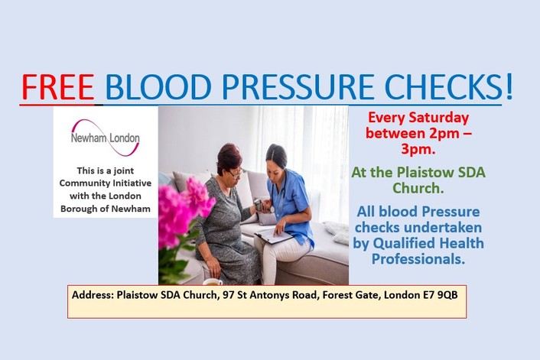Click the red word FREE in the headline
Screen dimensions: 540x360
(58, 86)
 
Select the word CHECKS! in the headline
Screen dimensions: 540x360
(448, 86)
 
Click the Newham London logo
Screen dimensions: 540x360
(106, 138)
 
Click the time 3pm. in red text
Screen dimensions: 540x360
(418, 149)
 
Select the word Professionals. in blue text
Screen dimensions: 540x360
(418, 259)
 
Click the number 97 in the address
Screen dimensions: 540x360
(228, 295)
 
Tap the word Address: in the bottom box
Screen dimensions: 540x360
(93, 295)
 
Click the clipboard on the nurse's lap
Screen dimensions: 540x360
(274, 235)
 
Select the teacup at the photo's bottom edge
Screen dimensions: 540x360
(213, 282)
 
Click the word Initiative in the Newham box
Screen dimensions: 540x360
(133, 183)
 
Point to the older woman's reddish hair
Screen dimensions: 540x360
(229, 157)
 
